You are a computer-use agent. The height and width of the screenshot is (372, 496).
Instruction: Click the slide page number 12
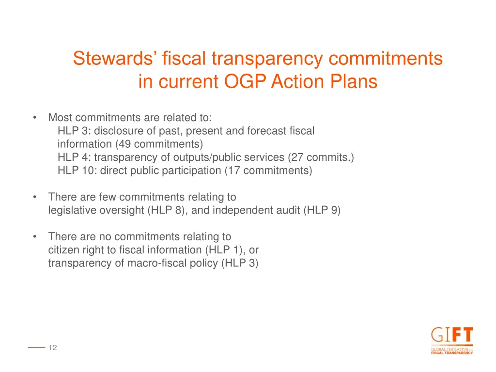pyautogui.click(x=53, y=347)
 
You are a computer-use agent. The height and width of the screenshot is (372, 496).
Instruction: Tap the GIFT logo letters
pyautogui.click(x=451, y=336)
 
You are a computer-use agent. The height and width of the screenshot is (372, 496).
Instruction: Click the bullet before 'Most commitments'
pyautogui.click(x=35, y=118)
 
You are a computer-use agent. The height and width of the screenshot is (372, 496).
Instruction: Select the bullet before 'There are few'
pyautogui.click(x=35, y=197)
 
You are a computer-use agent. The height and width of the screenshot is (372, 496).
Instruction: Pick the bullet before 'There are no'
pyautogui.click(x=35, y=237)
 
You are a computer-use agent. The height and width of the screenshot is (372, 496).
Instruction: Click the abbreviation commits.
pyautogui.click(x=334, y=157)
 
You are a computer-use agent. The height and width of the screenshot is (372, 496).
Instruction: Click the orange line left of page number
pyautogui.click(x=36, y=347)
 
